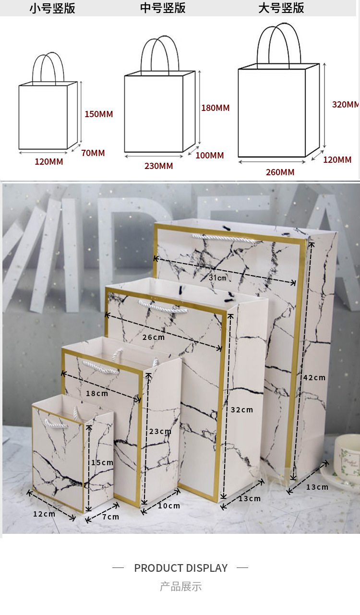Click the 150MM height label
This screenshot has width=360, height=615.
pos(98,114)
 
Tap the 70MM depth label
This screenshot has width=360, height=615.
pos(93,153)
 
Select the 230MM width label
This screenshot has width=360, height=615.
pos(159,166)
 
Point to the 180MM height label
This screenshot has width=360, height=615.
pos(216,108)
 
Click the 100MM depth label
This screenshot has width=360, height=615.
pos(209,156)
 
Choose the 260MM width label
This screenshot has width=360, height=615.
pos(280,172)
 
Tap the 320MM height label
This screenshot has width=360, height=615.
pos(346,104)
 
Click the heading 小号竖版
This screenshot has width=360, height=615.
pos(52,8)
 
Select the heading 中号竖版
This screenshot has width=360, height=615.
pos(163,8)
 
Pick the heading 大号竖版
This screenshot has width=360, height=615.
pos(281,8)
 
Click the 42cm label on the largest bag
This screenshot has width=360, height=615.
pos(314,378)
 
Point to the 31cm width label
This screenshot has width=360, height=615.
pos(217,277)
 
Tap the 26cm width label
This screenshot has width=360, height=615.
pos(154,337)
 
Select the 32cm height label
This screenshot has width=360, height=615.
pos(241,410)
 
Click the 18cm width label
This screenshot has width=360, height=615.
pos(97,393)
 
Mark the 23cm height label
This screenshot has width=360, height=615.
pos(160,431)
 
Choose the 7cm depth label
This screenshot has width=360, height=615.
pos(111,517)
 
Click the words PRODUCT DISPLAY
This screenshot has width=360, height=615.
pos(180,568)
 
